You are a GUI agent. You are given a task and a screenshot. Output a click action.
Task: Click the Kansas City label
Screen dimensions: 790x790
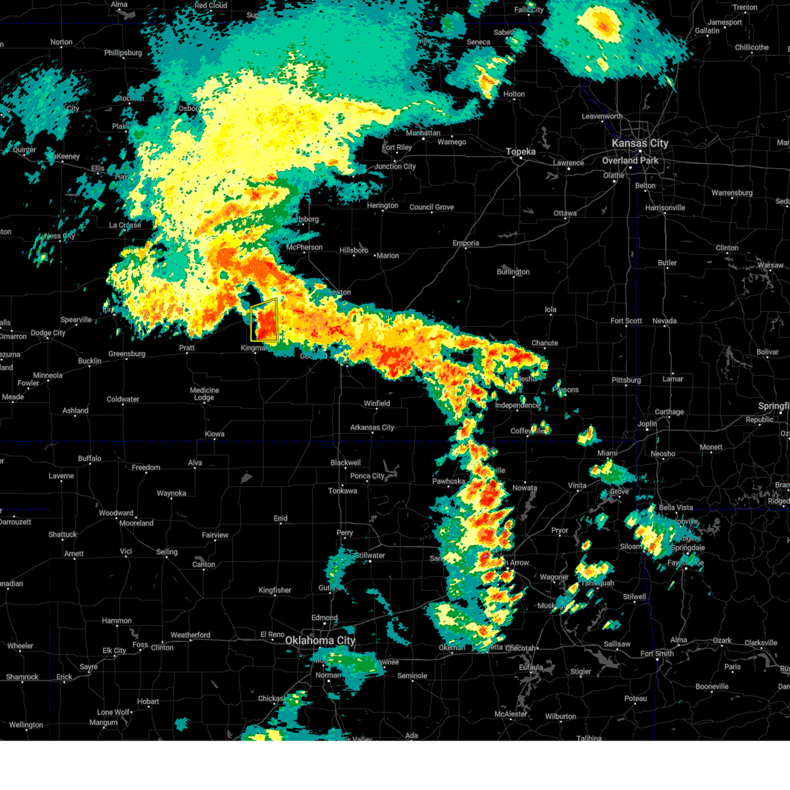point(639,143)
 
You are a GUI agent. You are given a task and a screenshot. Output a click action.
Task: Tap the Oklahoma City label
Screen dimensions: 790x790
point(320,641)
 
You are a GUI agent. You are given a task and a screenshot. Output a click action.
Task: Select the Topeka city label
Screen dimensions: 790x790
point(520,152)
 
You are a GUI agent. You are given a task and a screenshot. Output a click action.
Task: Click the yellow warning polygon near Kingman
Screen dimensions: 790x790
point(265,321)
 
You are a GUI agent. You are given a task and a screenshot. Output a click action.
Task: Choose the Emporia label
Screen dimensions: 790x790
point(465,243)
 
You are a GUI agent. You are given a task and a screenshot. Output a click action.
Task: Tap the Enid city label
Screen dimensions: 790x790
point(280,518)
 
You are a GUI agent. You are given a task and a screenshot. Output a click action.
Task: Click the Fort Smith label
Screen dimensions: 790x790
point(656,654)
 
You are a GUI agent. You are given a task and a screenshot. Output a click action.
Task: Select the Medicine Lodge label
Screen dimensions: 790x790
point(204,394)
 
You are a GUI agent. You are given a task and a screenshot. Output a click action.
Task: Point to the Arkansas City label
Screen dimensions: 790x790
point(372,427)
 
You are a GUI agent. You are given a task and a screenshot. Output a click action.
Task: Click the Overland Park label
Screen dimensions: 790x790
point(630,161)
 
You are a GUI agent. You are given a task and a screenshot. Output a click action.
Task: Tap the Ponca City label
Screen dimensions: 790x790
point(367,476)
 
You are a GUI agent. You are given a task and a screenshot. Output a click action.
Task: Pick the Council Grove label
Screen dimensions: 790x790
point(431,207)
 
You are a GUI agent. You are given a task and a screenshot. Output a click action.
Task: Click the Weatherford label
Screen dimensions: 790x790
point(190,635)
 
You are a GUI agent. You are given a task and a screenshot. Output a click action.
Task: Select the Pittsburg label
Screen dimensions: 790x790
point(626,380)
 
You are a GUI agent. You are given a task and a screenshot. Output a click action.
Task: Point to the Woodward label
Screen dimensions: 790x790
point(116,513)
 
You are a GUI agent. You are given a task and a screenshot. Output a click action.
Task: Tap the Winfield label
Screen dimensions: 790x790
point(377,404)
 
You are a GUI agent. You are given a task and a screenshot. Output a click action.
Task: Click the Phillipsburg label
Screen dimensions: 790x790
point(122,53)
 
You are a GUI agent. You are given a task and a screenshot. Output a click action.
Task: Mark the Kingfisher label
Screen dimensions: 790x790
point(275,590)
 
